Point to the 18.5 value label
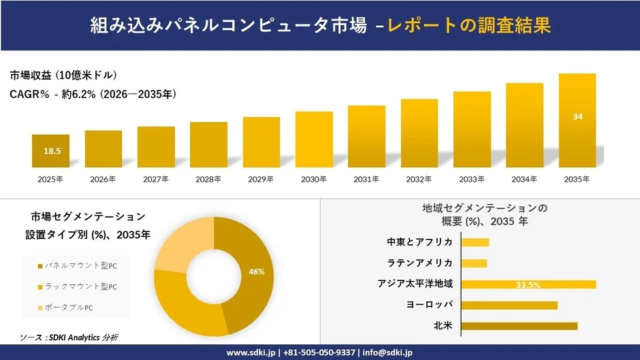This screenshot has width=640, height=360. (x=51, y=151)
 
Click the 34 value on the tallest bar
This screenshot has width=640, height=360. (x=577, y=117)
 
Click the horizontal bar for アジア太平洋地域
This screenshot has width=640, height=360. (x=529, y=284)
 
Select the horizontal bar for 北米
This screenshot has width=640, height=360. (x=520, y=325)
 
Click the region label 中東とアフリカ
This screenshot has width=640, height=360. (x=419, y=242)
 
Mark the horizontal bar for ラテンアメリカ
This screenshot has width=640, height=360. (x=475, y=263)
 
